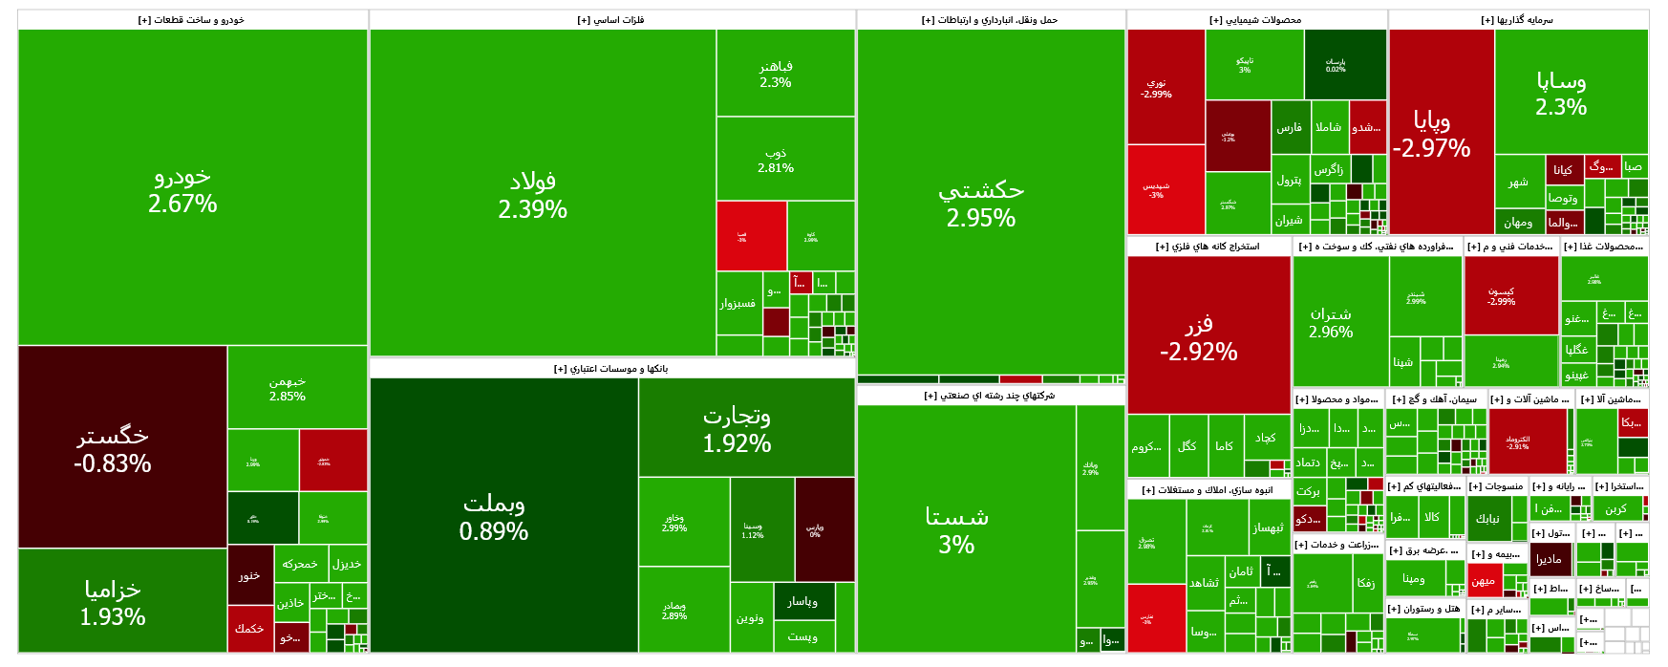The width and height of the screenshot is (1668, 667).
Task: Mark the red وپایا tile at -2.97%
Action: click(x=1441, y=133)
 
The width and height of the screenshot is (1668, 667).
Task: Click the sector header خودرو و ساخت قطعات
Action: click(x=192, y=20)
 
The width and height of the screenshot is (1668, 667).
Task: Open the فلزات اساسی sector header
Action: click(x=611, y=20)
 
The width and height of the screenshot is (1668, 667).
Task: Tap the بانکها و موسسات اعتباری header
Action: click(x=611, y=369)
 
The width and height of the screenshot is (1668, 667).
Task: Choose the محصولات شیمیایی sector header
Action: click(x=1256, y=20)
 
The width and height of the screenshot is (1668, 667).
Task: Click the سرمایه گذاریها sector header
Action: click(x=1518, y=20)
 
